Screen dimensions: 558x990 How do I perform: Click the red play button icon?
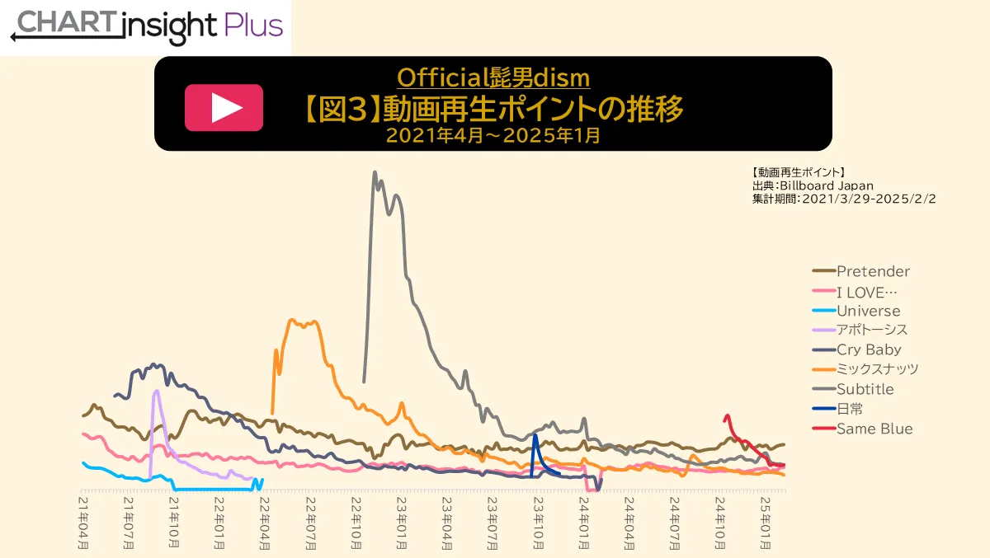224,107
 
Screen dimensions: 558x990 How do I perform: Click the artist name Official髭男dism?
493,77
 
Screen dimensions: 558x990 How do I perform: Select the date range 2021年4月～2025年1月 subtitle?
493,135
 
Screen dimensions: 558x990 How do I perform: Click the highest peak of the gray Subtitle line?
375,172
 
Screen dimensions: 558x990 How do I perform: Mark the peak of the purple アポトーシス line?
155,392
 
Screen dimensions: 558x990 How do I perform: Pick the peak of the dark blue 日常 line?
535,435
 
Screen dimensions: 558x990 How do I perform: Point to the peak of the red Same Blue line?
727,415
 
